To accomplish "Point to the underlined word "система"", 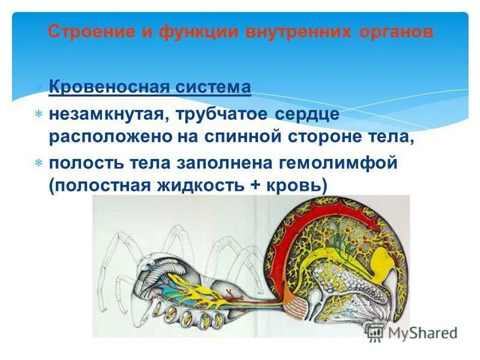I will [213, 88].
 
